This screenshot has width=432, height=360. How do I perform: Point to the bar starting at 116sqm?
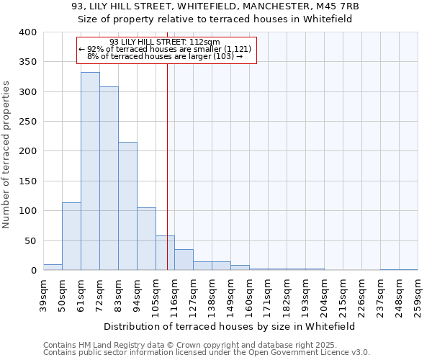184,260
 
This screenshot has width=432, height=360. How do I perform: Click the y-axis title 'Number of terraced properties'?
6,154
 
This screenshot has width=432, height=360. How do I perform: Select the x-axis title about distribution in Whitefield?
230,326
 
